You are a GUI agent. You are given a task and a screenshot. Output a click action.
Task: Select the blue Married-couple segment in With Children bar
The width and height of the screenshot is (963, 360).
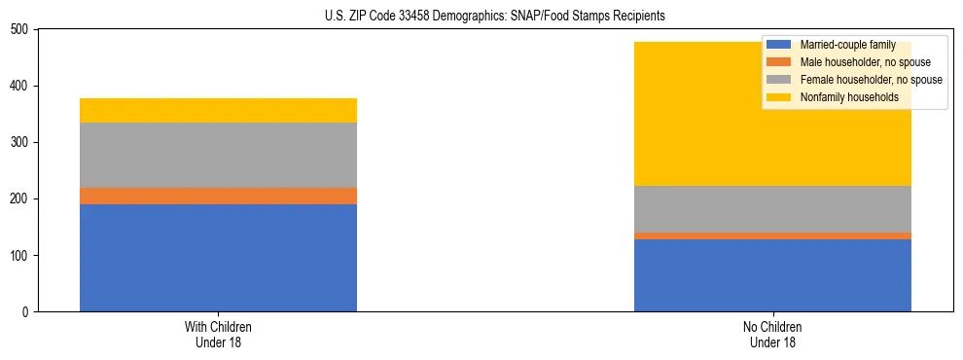point(218,258)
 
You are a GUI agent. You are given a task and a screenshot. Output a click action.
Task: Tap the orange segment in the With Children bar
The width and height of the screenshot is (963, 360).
point(218,196)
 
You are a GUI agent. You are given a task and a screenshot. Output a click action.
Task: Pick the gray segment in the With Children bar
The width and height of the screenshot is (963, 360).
point(218,155)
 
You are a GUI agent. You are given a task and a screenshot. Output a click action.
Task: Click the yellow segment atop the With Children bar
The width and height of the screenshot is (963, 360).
point(218,110)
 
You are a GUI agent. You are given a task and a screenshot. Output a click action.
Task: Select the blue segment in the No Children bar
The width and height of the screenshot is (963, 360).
point(772,275)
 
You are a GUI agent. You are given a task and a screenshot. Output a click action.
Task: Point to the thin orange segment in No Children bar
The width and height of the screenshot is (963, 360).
point(772,235)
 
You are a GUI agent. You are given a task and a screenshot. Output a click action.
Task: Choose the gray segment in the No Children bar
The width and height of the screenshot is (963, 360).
point(772,209)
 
